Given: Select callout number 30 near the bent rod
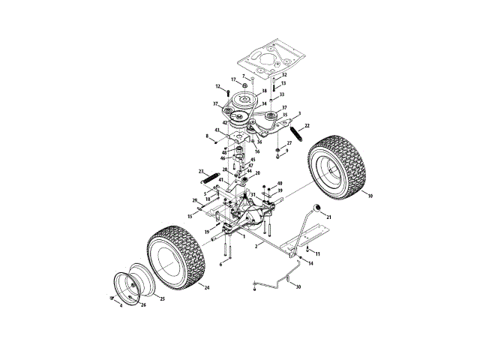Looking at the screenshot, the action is pyautogui.click(x=298, y=286).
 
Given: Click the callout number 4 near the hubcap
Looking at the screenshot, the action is pyautogui.click(x=120, y=305).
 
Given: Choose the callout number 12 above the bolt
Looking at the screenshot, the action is pyautogui.click(x=217, y=86).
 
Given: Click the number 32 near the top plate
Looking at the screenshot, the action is pyautogui.click(x=284, y=75).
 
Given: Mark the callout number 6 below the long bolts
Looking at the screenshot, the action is pyautogui.click(x=220, y=264).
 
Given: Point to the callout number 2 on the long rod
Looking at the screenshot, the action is pyautogui.click(x=256, y=246).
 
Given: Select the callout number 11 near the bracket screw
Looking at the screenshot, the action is pyautogui.click(x=318, y=254).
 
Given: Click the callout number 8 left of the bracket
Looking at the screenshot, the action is pyautogui.click(x=207, y=136).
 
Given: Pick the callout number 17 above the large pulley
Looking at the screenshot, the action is pyautogui.click(x=233, y=79).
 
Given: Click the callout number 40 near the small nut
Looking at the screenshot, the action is pyautogui.click(x=280, y=184).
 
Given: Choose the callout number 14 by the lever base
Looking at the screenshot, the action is pyautogui.click(x=311, y=263).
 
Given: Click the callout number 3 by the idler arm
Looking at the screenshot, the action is pyautogui.click(x=300, y=114).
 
